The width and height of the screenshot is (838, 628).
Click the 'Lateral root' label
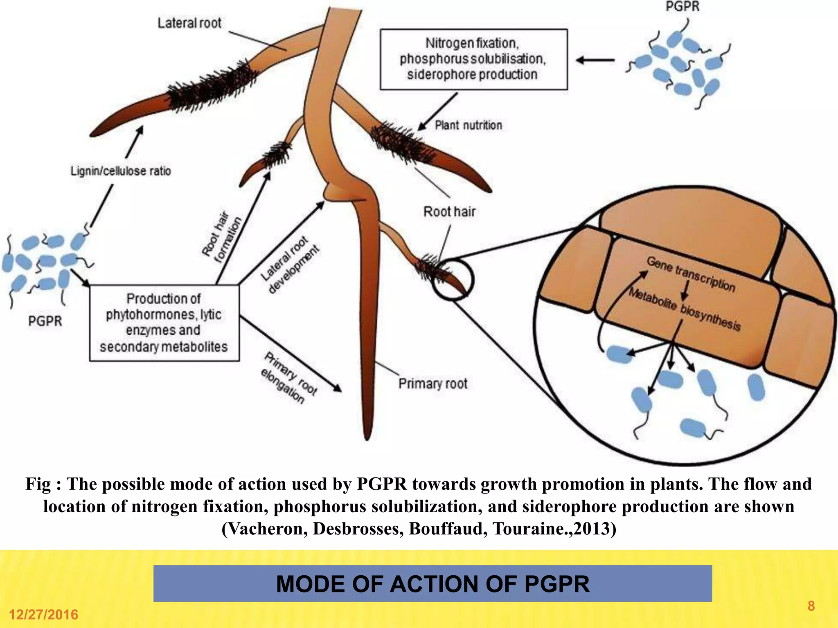pos(189,23)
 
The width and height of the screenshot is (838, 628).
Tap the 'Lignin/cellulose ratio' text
pos(120,171)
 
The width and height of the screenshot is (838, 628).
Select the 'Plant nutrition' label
pos(468,125)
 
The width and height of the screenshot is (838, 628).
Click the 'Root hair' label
pos(449,212)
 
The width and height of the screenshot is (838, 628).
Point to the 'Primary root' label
pos(433,384)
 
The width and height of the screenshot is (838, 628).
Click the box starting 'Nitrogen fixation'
pos(473,59)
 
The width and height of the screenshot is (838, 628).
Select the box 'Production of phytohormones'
pos(164,323)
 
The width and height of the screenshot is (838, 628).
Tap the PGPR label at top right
pos(682,7)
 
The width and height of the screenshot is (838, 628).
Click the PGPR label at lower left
pos(45,321)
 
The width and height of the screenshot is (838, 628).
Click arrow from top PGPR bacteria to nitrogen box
pos(595,60)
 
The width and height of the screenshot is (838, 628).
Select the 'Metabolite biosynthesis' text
pos(685,309)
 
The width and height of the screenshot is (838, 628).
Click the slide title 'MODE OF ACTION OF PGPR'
pos(433,583)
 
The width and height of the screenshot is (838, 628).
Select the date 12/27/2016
pos(43,615)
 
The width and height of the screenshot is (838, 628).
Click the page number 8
pos(811,606)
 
